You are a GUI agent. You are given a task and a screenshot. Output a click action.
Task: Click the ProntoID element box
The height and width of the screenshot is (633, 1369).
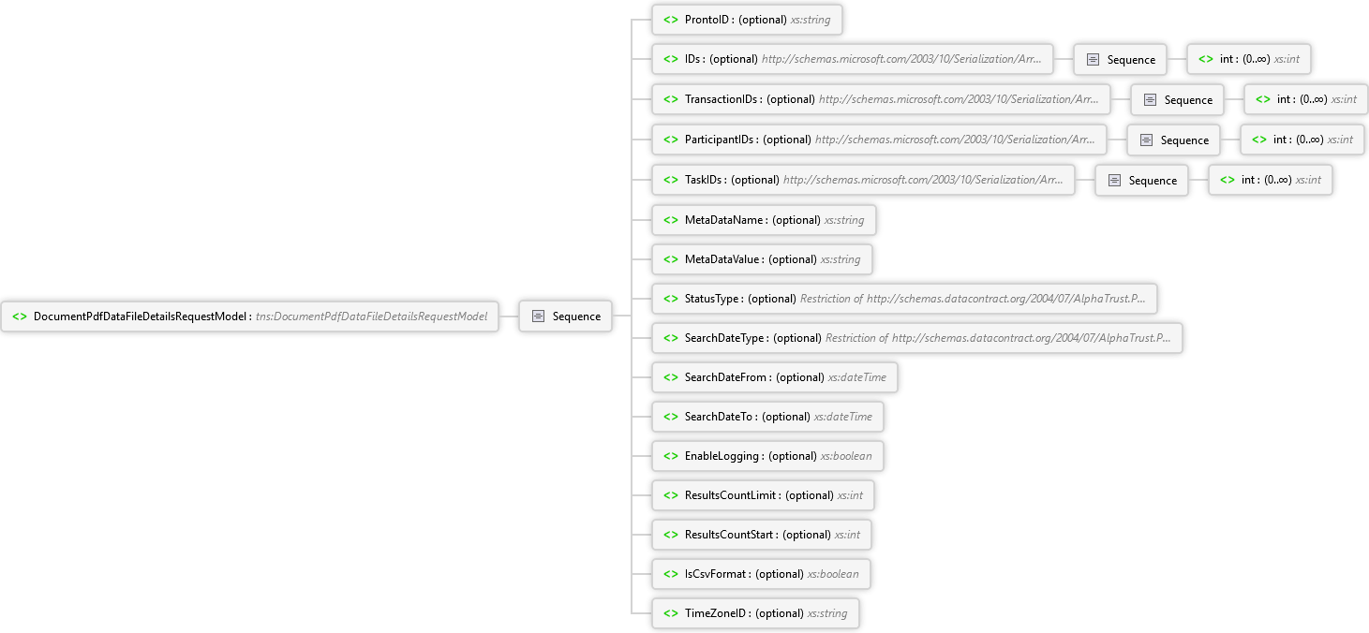747,20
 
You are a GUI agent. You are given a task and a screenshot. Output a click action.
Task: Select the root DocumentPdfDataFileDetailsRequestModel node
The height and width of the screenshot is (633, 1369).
249,316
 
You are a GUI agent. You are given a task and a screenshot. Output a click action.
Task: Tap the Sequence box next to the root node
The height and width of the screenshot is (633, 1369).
565,316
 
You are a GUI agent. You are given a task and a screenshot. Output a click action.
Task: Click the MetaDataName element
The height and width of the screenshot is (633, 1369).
764,220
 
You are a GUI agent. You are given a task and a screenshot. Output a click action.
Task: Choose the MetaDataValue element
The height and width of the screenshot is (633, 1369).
762,259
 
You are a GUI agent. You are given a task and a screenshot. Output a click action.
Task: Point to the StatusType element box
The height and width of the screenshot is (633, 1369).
904,299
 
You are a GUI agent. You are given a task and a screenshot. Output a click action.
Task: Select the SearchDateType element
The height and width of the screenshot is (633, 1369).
917,338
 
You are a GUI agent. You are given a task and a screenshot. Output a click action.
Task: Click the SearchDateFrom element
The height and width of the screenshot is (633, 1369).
775,377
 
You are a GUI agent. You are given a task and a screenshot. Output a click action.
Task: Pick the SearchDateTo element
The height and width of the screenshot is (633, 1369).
767,417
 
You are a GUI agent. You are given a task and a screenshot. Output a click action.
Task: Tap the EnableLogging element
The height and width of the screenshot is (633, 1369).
767,456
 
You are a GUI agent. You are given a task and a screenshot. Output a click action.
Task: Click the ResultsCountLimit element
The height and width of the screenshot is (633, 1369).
764,495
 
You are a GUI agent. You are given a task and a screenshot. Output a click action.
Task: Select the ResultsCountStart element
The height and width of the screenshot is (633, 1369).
762,535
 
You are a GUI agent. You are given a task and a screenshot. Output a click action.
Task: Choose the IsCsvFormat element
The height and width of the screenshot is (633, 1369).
762,574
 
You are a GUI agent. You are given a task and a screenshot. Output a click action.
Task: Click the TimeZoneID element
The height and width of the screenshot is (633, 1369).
755,612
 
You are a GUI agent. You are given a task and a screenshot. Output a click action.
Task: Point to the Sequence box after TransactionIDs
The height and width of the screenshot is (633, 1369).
1177,99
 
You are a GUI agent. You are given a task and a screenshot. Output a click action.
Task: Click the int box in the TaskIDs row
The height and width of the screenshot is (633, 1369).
1271,180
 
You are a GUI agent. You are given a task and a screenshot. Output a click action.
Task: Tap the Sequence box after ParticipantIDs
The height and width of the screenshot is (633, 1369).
1173,140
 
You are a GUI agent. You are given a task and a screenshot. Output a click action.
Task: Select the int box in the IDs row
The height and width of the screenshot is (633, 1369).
1249,59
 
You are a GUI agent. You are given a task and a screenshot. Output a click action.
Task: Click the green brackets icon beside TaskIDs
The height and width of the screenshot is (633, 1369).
671,180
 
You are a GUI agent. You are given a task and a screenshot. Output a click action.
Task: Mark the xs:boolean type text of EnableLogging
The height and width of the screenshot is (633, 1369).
846,456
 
